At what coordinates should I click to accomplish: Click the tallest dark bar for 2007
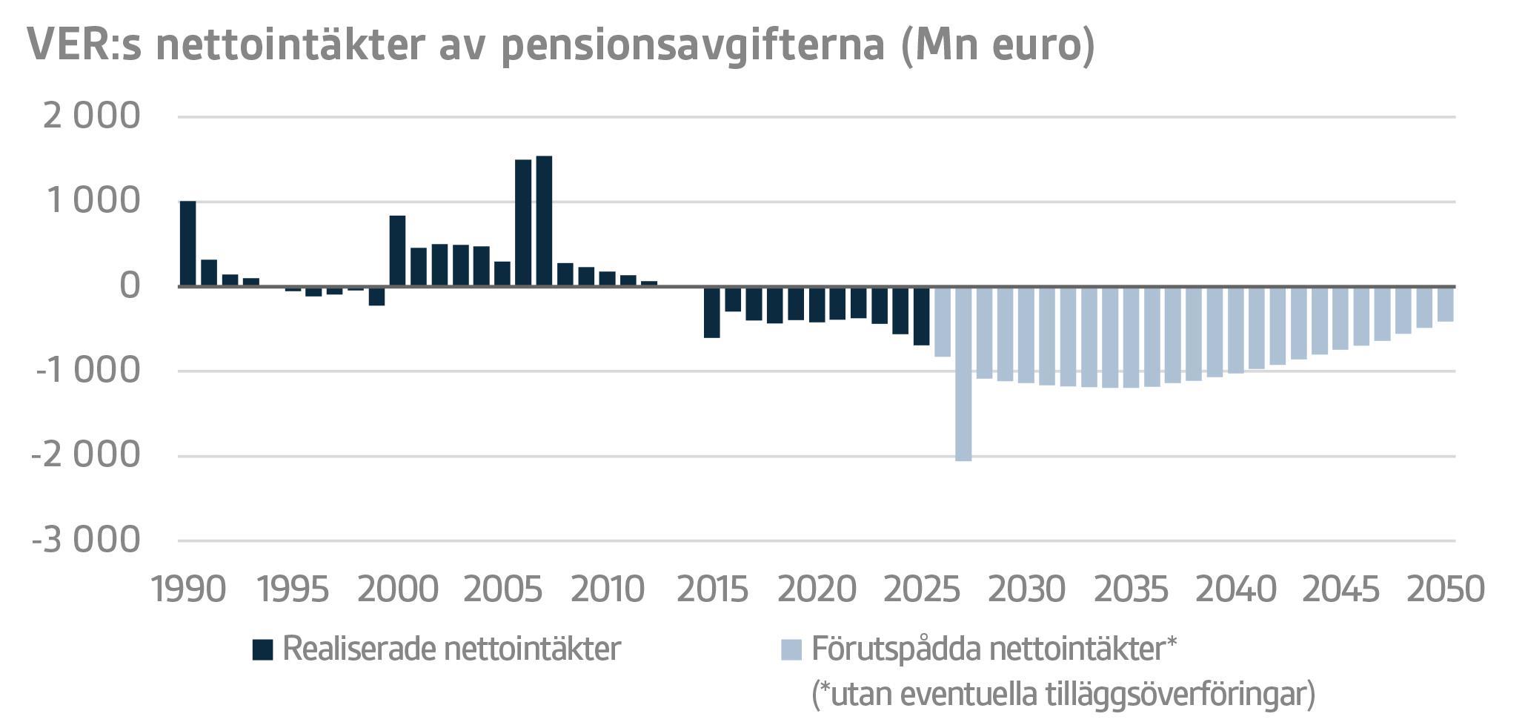coord(544,221)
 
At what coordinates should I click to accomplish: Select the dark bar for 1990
coord(188,243)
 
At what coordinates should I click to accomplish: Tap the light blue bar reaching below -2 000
coord(963,374)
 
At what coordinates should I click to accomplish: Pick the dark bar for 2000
coord(397,251)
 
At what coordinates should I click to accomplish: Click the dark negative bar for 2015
coord(711,312)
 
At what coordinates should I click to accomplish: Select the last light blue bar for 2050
coord(1445,304)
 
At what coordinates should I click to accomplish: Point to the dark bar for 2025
coord(921,316)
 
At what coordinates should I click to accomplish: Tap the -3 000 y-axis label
coord(86,540)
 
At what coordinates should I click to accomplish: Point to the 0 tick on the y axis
coord(129,286)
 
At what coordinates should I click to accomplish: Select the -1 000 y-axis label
coord(86,371)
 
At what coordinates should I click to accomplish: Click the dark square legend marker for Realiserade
coord(263,650)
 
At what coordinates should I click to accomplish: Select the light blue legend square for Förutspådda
coord(791,650)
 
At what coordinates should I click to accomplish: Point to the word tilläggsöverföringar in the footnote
coord(1178,695)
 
